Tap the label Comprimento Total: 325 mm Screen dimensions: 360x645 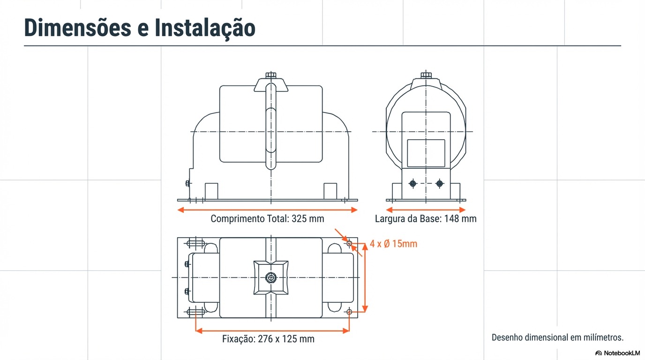point(267,219)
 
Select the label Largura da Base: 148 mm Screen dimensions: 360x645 point(426,219)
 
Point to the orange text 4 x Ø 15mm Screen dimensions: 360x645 point(393,244)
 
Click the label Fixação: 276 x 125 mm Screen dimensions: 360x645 point(268,339)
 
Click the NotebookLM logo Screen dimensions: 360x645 point(617,353)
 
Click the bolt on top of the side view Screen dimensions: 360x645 point(270,75)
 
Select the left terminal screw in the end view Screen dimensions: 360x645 point(412,184)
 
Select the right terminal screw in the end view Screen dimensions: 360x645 point(439,184)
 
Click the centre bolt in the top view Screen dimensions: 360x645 point(270,277)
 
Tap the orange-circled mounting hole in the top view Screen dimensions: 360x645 point(349,243)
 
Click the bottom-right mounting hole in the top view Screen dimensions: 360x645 point(349,312)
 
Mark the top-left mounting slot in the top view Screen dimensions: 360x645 point(195,243)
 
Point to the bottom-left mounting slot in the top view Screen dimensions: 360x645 point(195,312)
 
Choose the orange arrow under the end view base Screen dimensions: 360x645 point(426,210)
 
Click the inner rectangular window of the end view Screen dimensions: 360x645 point(426,153)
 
